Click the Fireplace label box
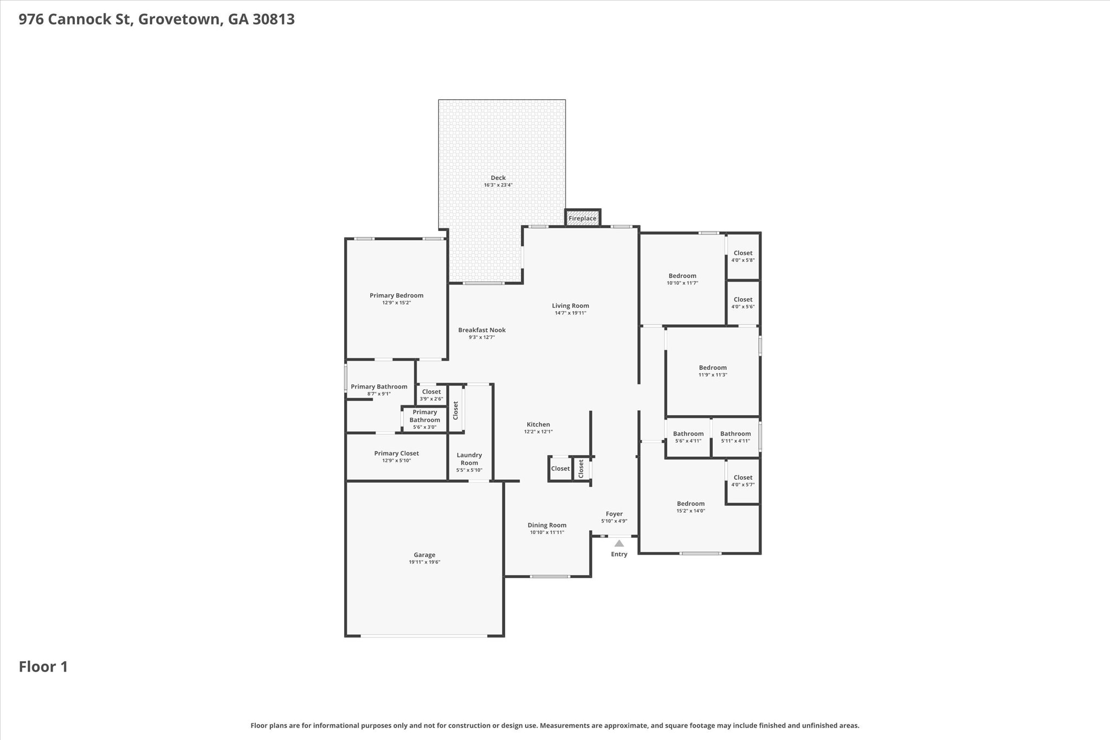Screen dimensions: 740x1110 (582, 218)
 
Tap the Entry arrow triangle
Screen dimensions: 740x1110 (619, 543)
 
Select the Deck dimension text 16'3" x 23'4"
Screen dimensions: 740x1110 (498, 185)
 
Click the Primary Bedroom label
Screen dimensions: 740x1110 (396, 295)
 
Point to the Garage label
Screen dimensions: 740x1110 (424, 555)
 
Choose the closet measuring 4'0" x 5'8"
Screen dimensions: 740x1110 (743, 256)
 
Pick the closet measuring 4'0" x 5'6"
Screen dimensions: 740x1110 (743, 303)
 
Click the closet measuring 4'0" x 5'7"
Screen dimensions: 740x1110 (743, 481)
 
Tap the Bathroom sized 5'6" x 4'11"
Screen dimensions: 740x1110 (688, 437)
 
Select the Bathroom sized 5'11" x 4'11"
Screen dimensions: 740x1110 (735, 437)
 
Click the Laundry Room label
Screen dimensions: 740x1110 (469, 459)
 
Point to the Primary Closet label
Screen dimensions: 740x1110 (396, 453)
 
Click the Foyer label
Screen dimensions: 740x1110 (614, 514)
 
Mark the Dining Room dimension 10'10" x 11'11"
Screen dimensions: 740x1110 (547, 532)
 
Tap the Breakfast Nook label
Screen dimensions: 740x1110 (482, 330)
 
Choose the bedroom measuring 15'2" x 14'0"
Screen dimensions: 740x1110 (690, 507)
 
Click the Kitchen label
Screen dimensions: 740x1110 (538, 424)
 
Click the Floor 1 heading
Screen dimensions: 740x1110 (43, 667)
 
